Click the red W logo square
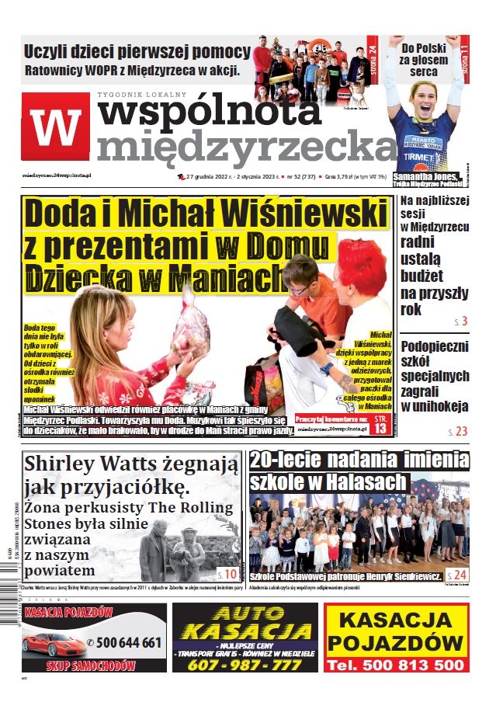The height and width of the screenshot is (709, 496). click(56, 127)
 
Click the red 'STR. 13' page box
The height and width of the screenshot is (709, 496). click(380, 423)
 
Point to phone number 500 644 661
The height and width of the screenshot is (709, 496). click(125, 642)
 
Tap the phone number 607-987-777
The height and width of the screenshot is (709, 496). click(245, 666)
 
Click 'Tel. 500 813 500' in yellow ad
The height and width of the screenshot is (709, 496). click(395, 666)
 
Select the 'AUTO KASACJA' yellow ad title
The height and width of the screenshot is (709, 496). click(245, 621)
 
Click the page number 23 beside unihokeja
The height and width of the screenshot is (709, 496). click(461, 431)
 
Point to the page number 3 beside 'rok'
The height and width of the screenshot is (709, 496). click(463, 321)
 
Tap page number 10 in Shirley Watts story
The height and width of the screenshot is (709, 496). click(229, 575)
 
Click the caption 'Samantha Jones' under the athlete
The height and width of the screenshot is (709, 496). click(426, 176)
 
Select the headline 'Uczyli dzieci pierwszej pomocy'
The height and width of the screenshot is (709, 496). click(137, 53)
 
